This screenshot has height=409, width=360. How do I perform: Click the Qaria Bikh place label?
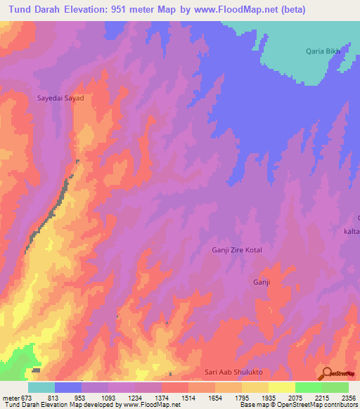click(x=324, y=51)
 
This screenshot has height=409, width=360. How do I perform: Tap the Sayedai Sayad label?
click(x=60, y=98)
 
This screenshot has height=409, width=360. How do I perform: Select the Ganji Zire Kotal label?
click(x=241, y=250)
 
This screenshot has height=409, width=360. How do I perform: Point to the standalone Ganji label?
click(x=262, y=282)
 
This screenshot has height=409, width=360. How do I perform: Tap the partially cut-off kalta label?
click(x=352, y=231)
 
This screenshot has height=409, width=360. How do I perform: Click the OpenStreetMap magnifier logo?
click(x=327, y=372)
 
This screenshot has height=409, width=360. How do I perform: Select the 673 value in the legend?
click(x=27, y=397)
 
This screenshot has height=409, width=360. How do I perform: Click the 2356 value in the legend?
click(x=349, y=397)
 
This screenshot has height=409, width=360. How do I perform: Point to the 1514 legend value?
click(x=188, y=397)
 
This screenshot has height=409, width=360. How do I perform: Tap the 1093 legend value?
click(x=108, y=397)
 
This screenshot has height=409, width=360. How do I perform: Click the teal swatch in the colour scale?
click(x=41, y=387)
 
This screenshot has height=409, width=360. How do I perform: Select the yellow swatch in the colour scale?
click(x=281, y=387)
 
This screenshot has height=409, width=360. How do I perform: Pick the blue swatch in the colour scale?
click(x=67, y=387)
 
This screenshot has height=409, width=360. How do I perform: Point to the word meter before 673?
click(x=10, y=397)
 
